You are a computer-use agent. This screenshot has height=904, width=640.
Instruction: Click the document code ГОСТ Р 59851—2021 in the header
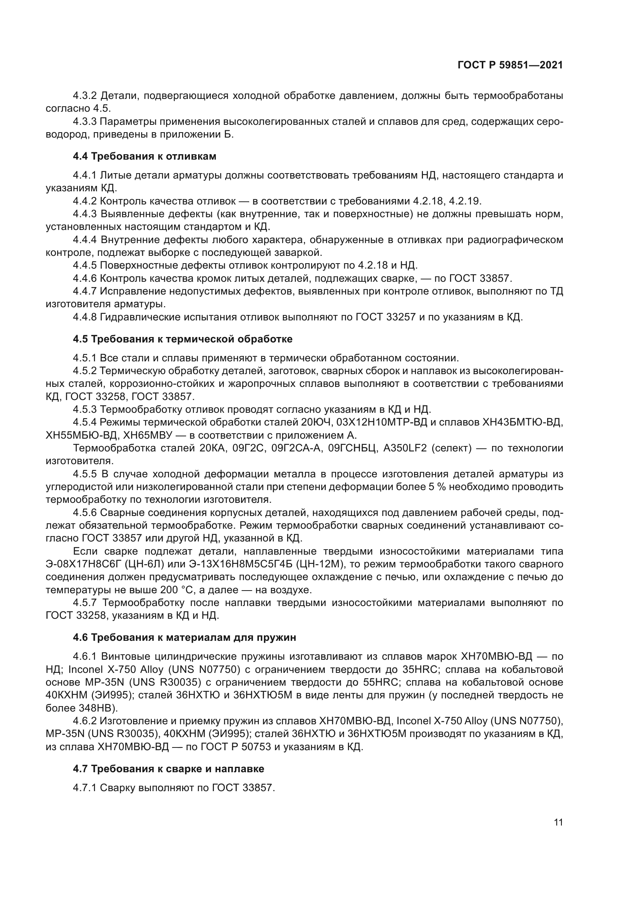pos(510,65)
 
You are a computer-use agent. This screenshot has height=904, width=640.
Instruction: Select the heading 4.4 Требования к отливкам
pos(144,156)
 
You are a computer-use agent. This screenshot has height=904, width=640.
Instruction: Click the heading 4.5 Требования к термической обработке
pos(183,339)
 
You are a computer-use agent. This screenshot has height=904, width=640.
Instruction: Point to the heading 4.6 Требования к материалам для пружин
pos(184,637)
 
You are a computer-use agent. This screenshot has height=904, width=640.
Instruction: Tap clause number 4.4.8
pos(85,317)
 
